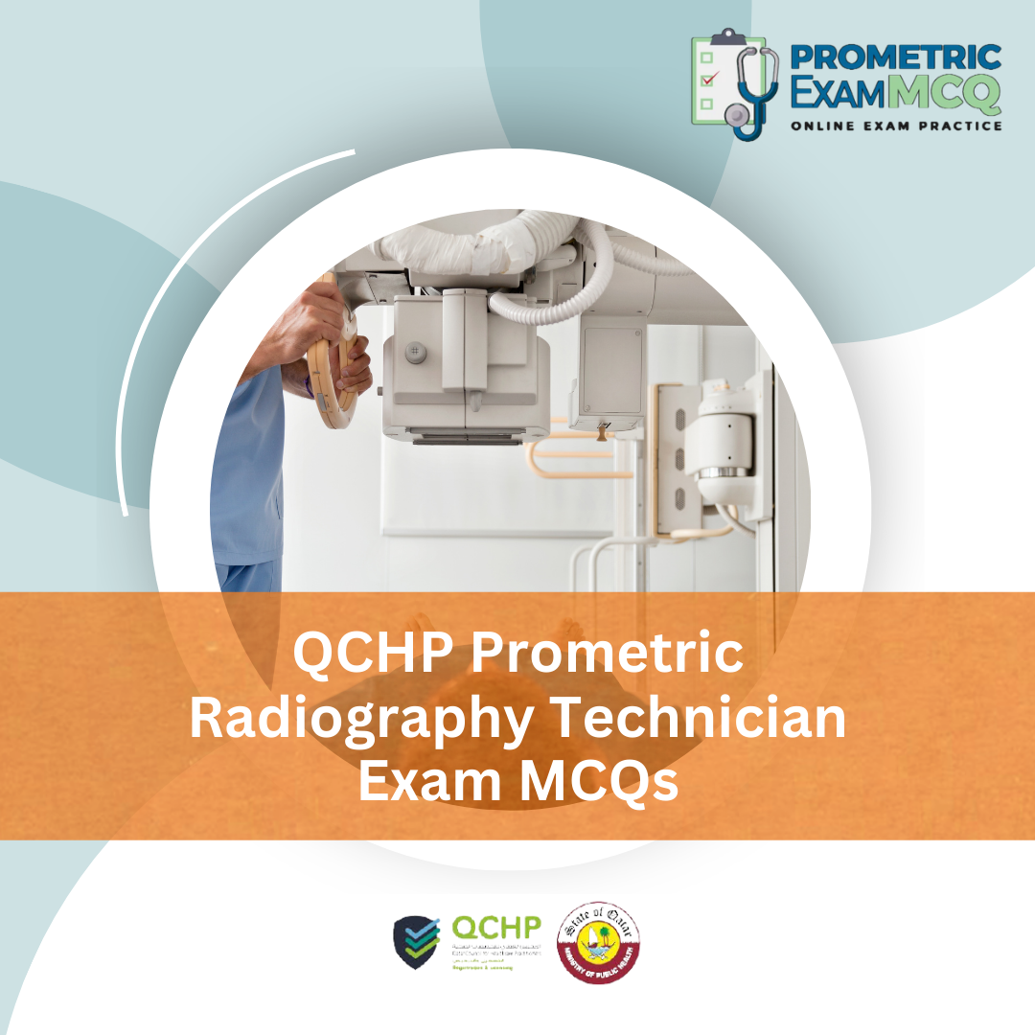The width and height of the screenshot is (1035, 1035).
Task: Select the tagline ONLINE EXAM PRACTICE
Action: pos(896,126)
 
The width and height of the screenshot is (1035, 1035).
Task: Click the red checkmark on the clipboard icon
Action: pos(709,80)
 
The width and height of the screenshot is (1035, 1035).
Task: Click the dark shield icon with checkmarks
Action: pos(418,941)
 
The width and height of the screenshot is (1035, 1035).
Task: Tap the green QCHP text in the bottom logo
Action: pos(496,928)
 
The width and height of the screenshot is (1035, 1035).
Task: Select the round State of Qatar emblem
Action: pos(599,941)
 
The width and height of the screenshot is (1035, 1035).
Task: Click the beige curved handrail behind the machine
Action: pos(575,460)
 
